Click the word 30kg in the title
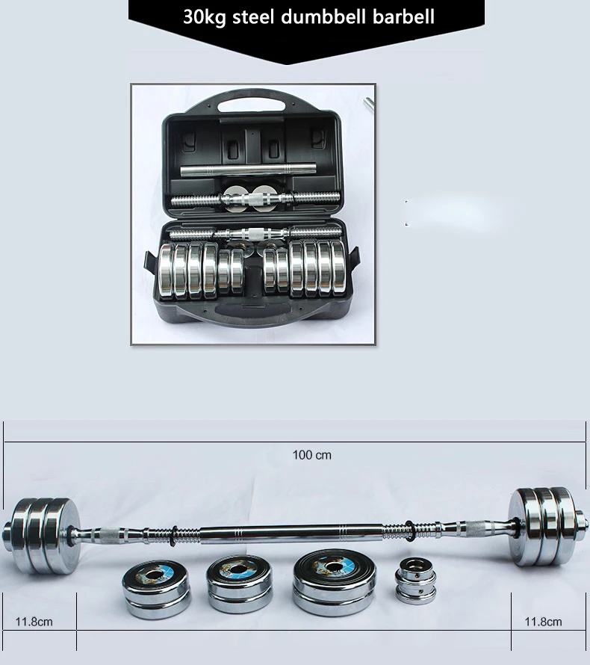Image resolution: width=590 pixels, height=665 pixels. tap(205, 17)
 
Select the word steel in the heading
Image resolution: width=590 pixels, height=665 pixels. tap(253, 17)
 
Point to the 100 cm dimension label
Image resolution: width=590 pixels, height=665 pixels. tap(312, 455)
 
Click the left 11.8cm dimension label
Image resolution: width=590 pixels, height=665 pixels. tap(34, 622)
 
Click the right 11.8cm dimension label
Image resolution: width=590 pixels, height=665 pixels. tap(544, 622)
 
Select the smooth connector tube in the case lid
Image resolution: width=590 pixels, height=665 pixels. tap(249, 170)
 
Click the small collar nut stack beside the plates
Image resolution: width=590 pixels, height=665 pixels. tap(415, 580)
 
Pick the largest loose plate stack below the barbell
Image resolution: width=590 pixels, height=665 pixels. tap(334, 582)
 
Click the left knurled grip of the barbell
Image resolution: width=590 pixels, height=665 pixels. tap(112, 535)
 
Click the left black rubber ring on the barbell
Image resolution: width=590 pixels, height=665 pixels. tap(173, 536)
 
